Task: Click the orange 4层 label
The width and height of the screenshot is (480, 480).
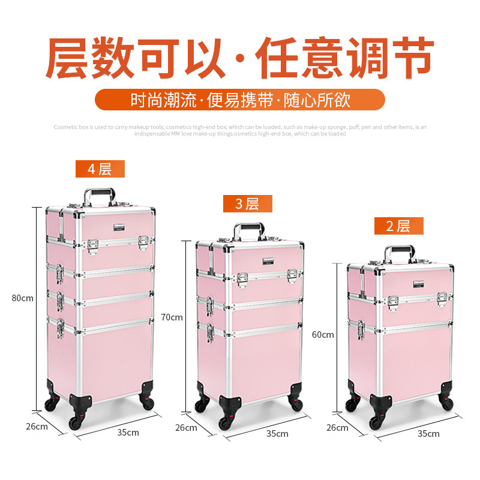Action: [x=100, y=169]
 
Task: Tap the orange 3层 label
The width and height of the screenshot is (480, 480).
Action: [x=247, y=204]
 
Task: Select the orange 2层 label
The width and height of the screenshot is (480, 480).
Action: [x=399, y=226]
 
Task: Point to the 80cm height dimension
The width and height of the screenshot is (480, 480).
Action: [x=23, y=298]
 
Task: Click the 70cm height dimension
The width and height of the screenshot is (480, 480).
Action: [x=172, y=317]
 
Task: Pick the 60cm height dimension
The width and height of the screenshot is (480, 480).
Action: [x=323, y=335]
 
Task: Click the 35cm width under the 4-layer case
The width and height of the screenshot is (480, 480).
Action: [x=128, y=432]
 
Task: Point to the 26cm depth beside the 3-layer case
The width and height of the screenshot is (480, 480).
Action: [x=186, y=428]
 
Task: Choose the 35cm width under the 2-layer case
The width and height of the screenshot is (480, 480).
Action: [x=428, y=433]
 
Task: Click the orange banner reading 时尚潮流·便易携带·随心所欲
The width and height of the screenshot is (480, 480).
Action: [x=240, y=100]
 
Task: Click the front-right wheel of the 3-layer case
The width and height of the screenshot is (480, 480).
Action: [x=295, y=403]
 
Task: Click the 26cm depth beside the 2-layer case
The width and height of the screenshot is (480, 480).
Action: [x=337, y=428]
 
